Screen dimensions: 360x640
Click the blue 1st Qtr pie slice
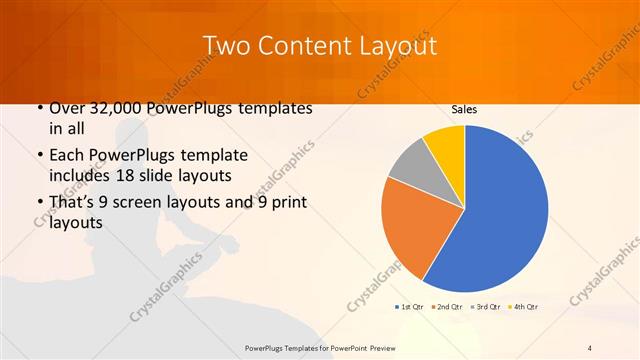tap(500, 210)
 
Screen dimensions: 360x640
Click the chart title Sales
tap(464, 110)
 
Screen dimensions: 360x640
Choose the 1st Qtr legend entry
tap(411, 306)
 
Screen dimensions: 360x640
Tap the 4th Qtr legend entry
tap(523, 306)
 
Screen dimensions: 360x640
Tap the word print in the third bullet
tap(285, 205)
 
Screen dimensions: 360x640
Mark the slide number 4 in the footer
tap(590, 347)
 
